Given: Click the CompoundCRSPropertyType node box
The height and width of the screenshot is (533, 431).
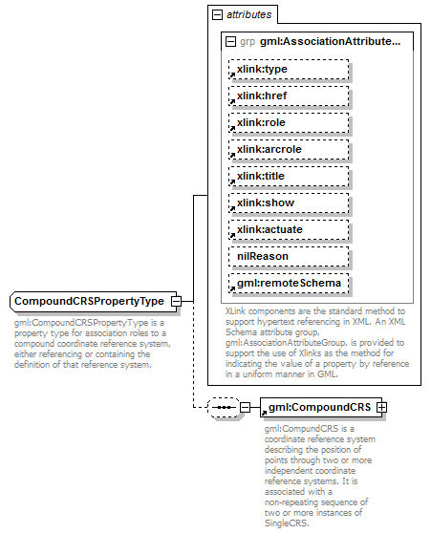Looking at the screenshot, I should point(91,302).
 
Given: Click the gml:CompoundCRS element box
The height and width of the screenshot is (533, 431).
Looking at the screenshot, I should point(319,408).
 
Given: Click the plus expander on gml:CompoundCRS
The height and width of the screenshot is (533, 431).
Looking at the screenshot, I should point(382,408).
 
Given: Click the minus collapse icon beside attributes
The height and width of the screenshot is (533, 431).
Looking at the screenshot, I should point(218,15).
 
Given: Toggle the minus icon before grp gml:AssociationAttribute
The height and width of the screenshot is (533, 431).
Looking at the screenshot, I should point(230,42).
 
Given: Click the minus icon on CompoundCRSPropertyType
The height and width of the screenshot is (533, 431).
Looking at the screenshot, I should point(176,302).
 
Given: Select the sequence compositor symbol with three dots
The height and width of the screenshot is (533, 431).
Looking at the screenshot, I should point(224,408).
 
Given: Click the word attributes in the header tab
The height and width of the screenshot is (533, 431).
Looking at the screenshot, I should point(248,15).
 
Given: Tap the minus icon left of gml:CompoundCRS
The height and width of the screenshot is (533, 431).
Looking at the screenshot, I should point(246,408).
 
